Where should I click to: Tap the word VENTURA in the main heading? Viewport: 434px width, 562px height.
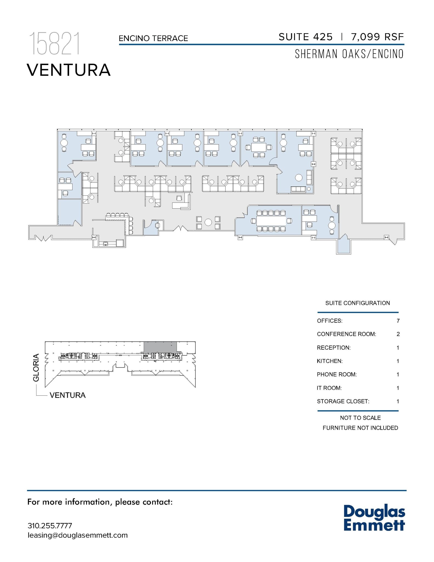(69, 70)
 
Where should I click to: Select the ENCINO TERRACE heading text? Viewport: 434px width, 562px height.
(153, 38)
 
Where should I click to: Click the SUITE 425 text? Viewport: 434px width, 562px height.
(305, 37)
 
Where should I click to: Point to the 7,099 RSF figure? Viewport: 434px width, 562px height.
(377, 37)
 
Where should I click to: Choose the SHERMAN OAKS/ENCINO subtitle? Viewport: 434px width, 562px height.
(349, 54)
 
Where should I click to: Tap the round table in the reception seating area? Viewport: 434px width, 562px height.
(208, 222)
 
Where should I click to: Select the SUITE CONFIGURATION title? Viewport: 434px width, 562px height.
(357, 303)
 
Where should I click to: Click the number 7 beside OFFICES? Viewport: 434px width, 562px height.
(398, 321)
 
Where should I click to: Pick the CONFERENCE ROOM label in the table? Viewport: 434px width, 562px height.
(346, 334)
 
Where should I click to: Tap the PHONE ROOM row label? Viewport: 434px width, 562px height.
(337, 375)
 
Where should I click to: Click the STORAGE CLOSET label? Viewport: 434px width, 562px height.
(343, 401)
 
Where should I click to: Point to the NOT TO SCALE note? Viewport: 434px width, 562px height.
(360, 418)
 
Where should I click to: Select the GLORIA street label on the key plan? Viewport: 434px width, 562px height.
(36, 368)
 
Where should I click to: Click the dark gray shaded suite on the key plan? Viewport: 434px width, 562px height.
(160, 347)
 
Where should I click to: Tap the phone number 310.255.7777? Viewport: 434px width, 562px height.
(50, 526)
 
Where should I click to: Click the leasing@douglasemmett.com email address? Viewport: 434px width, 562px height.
(78, 535)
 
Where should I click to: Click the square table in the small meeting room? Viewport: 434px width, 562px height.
(259, 147)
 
